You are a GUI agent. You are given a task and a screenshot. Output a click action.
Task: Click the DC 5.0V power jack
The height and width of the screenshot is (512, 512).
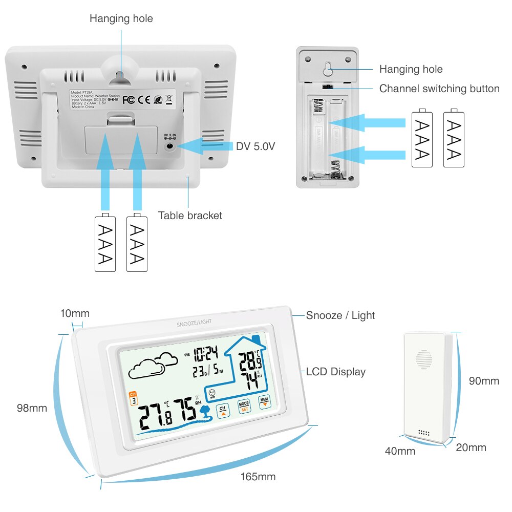169,146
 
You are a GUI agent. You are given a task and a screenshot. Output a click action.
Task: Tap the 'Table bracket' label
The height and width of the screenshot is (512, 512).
190,216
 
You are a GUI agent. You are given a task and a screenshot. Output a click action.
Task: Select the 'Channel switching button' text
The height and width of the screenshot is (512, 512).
439,89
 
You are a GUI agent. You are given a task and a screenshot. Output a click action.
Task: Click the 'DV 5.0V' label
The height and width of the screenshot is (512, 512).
255,146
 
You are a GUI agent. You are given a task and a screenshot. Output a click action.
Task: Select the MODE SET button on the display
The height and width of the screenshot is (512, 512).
244,406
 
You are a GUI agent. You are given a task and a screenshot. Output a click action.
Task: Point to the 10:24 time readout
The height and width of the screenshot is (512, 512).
205,353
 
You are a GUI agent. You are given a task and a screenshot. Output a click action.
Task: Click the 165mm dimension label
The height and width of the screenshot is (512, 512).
258,477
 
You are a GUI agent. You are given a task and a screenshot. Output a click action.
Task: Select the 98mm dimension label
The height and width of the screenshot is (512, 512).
32,408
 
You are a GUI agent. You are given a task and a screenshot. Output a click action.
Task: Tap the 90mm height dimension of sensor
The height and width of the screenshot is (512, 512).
484,381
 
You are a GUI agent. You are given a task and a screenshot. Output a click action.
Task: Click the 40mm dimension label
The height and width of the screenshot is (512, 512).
400,451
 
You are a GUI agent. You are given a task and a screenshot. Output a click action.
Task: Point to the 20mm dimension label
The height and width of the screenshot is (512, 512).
471,447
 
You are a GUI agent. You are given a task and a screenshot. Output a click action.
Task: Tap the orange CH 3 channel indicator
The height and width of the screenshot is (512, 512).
134,398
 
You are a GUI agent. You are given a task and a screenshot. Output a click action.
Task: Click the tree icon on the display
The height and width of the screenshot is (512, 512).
206,411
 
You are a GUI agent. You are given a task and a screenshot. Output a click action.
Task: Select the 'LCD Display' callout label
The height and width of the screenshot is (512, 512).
335,372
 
